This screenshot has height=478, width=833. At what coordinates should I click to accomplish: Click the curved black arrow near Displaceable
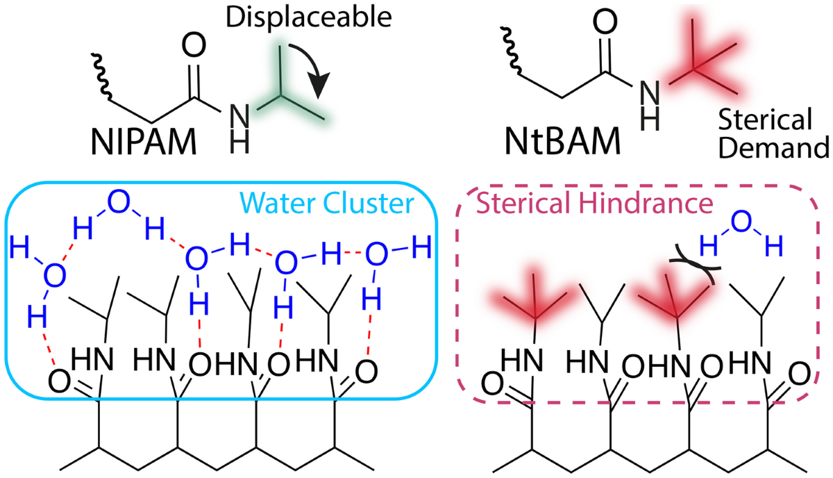pyautogui.click(x=310, y=69)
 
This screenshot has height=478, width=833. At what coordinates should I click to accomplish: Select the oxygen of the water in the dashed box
pyautogui.click(x=741, y=222)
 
